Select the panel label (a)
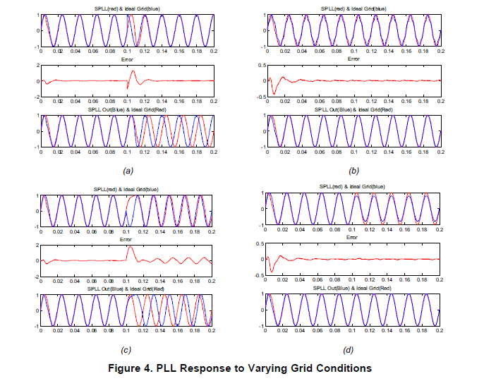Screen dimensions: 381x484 [128, 171]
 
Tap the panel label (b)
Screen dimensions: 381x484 [354, 171]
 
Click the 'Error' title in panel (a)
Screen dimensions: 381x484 [127, 59]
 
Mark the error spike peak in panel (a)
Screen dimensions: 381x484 [132, 71]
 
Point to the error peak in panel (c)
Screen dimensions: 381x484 [130, 247]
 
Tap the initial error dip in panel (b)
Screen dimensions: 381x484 [273, 92]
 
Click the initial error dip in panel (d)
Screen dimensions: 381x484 [272, 271]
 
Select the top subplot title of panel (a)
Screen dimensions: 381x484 [127, 8]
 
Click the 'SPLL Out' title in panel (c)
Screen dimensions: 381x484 [127, 289]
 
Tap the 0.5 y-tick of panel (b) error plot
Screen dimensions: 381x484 [260, 66]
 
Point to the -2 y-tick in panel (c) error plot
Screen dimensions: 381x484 [35, 277]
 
